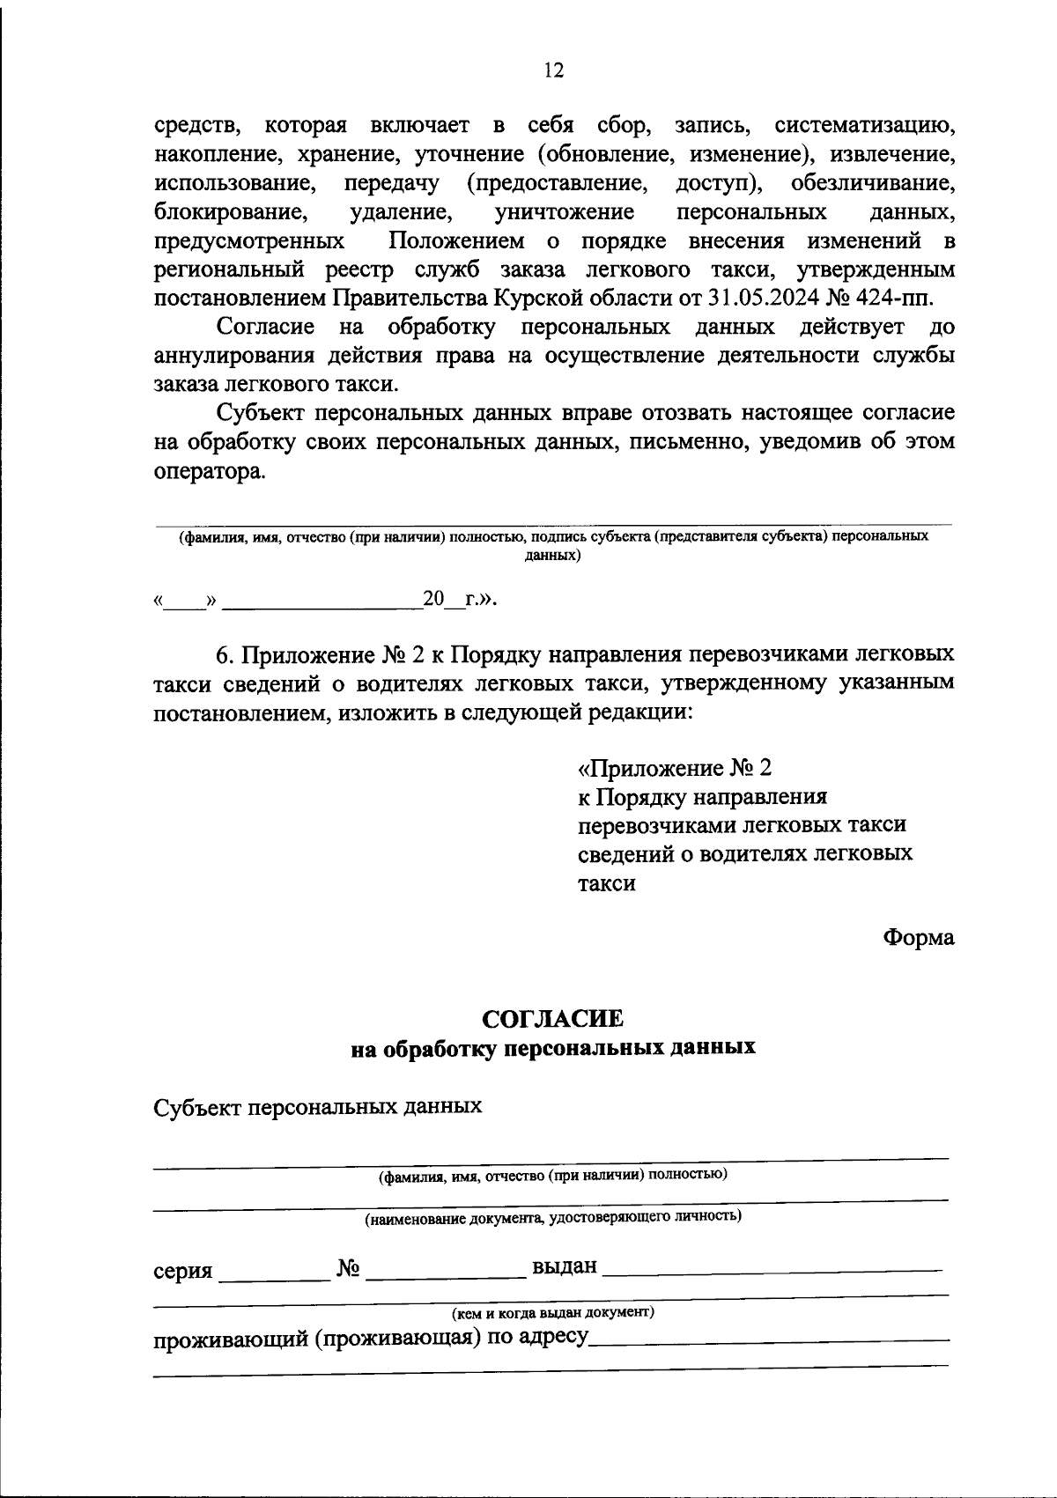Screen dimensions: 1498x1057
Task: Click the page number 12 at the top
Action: point(553,71)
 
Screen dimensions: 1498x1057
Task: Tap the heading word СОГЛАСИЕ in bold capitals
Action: point(553,1019)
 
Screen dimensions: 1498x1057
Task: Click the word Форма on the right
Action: point(919,938)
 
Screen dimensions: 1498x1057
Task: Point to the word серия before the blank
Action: point(182,1271)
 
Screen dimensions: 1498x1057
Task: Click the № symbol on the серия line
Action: point(348,1269)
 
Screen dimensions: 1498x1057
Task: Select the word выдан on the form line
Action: point(565,1267)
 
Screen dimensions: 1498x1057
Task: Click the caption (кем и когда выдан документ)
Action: point(553,1313)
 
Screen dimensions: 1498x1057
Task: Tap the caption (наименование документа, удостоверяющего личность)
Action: point(553,1218)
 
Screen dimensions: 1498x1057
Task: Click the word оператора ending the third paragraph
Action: point(209,471)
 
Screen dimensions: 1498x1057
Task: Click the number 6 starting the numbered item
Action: point(223,655)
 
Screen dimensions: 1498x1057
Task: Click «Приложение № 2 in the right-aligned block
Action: point(674,768)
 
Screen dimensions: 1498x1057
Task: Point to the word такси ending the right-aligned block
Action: point(607,883)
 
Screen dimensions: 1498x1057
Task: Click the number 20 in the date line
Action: point(434,599)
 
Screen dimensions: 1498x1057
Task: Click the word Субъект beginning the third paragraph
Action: point(262,413)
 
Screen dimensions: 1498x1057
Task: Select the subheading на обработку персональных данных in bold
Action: point(553,1048)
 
